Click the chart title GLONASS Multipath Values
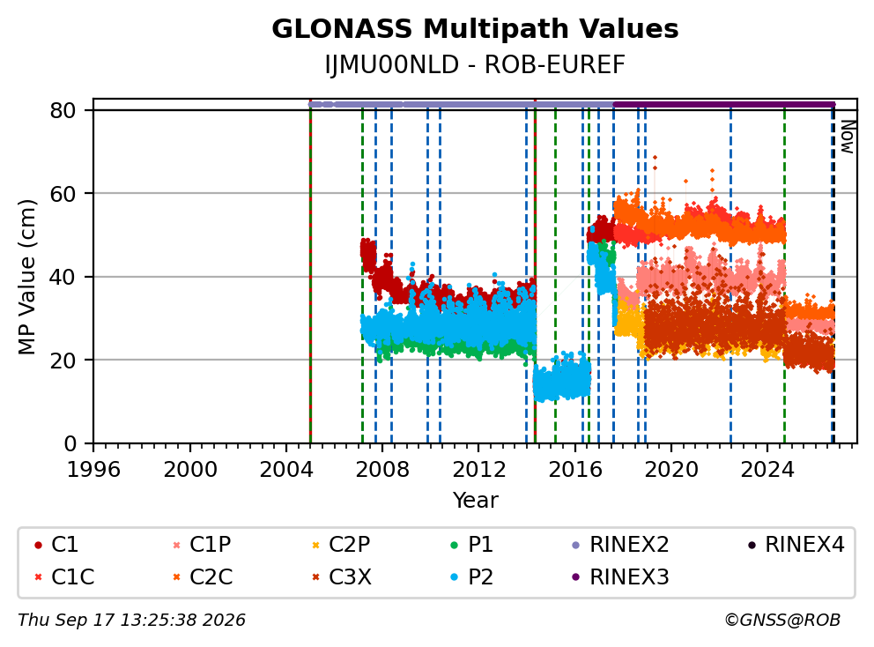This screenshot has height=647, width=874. [x=475, y=29]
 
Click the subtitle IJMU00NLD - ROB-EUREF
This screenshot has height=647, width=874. [x=475, y=65]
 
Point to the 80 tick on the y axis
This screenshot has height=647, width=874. [x=63, y=110]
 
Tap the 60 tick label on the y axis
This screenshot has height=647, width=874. [x=63, y=194]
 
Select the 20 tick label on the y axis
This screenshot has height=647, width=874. [x=63, y=361]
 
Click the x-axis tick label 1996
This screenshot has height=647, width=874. [x=93, y=470]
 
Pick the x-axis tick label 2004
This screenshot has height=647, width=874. [x=286, y=470]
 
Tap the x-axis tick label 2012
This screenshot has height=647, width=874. [x=478, y=470]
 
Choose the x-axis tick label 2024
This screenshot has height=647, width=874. [x=767, y=470]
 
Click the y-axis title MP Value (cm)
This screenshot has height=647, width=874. [x=26, y=277]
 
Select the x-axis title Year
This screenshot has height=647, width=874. [x=475, y=501]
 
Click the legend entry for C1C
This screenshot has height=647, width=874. [x=64, y=576]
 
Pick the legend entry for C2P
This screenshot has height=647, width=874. [x=341, y=545]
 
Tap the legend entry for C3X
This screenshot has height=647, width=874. [x=342, y=576]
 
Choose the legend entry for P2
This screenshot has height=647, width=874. [x=472, y=576]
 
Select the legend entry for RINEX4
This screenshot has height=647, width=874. [x=796, y=545]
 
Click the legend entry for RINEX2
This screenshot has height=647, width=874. [x=620, y=545]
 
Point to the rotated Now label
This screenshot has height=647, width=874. [x=848, y=138]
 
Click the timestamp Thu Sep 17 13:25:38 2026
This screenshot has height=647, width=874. [x=131, y=621]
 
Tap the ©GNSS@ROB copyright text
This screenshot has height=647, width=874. [x=782, y=621]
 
